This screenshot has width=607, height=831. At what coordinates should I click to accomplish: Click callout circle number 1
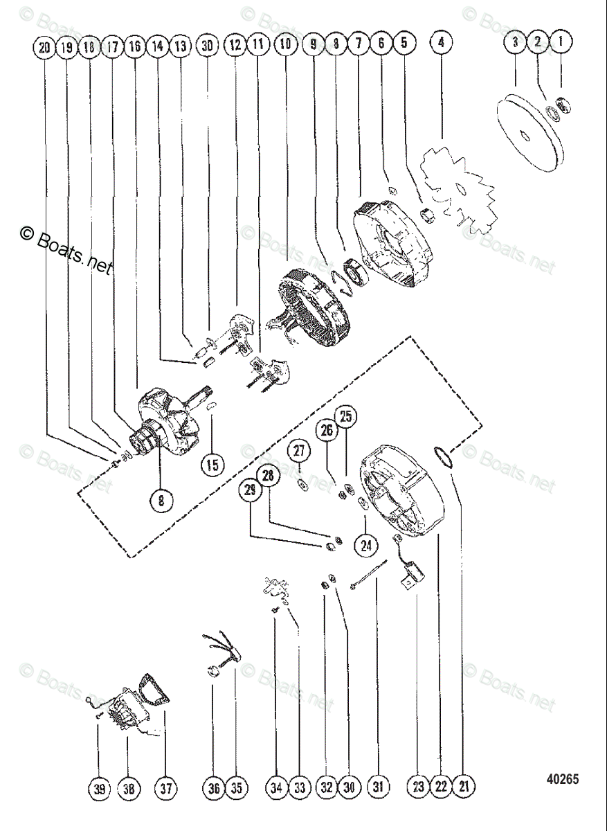[561, 43]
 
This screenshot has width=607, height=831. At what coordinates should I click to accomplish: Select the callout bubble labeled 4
[442, 43]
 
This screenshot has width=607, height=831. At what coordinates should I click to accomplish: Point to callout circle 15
[213, 464]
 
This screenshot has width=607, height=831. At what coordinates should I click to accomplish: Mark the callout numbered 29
[250, 491]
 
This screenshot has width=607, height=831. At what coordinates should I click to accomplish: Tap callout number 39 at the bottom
[99, 787]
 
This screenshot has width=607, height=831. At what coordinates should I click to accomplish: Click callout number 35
[236, 787]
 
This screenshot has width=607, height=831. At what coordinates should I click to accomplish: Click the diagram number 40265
[562, 779]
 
